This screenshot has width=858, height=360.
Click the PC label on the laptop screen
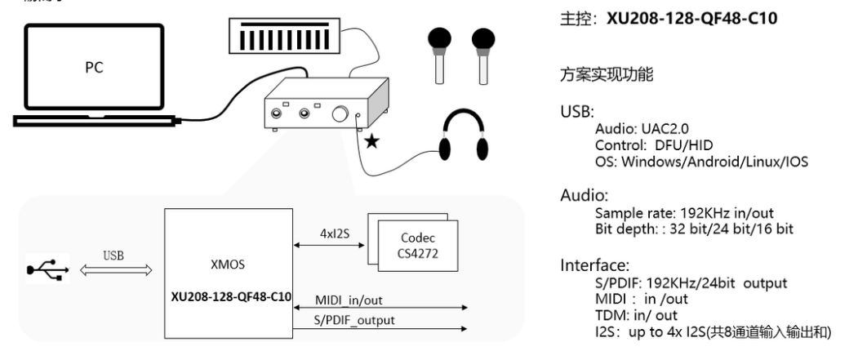pos(94,68)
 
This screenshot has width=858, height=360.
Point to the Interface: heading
pos(595,265)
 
